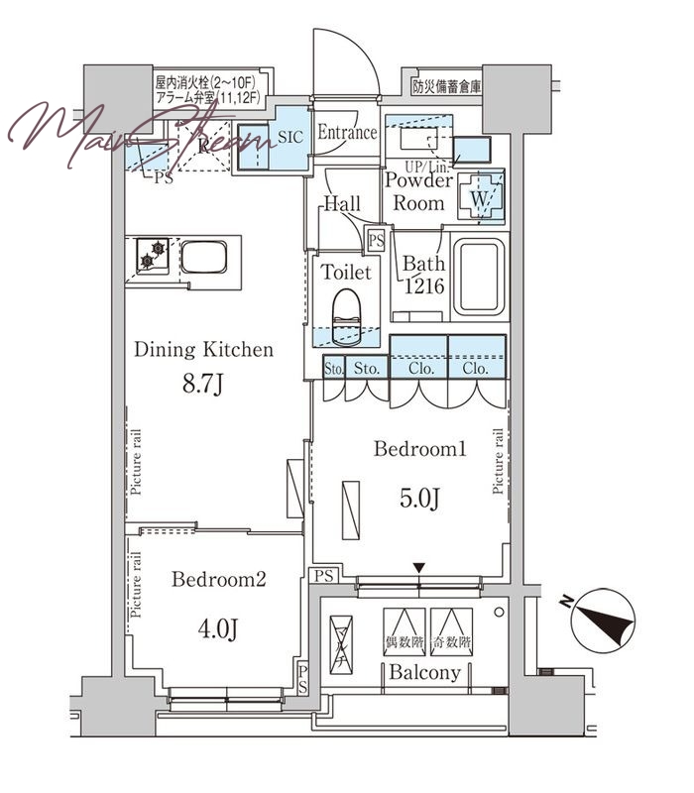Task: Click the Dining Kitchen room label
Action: pyautogui.click(x=203, y=349)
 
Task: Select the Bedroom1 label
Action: pyautogui.click(x=419, y=449)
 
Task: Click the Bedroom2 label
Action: pyautogui.click(x=218, y=580)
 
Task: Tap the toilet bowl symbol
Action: pyautogui.click(x=346, y=309)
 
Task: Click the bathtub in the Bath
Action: pyautogui.click(x=479, y=279)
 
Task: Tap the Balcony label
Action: pyautogui.click(x=424, y=673)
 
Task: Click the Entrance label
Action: pyautogui.click(x=347, y=133)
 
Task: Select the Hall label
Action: pyautogui.click(x=341, y=204)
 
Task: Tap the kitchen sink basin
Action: pyautogui.click(x=206, y=261)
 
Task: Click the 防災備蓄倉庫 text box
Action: pyautogui.click(x=446, y=86)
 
